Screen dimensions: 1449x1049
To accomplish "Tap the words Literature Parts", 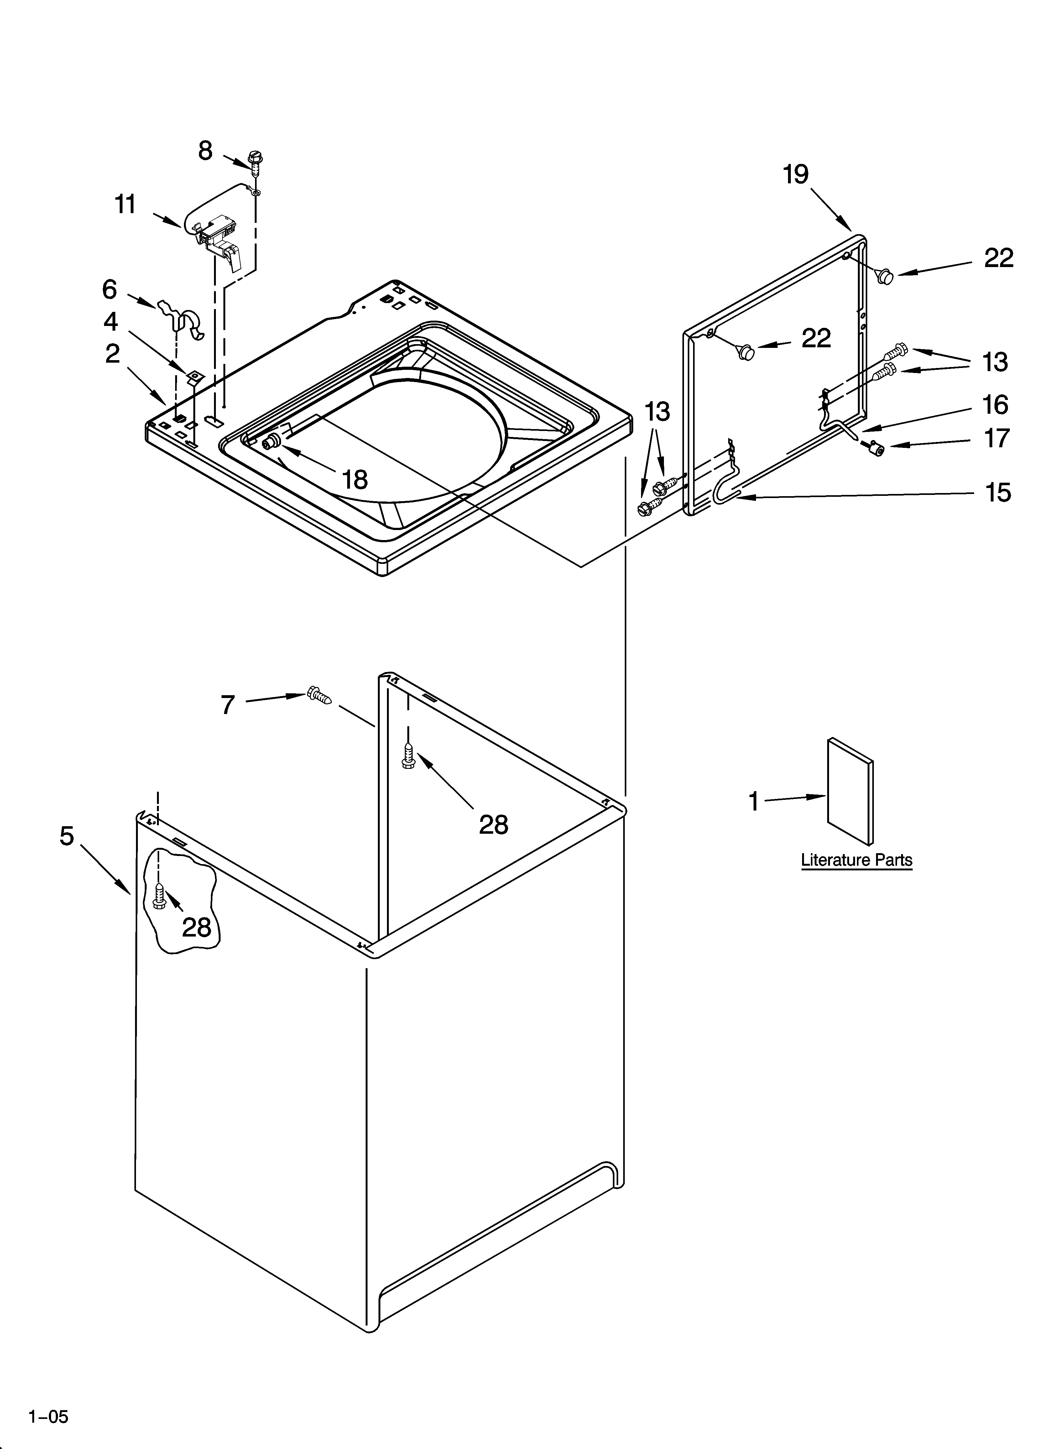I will coord(857,860).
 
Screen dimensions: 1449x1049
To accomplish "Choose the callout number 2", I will coord(112,353).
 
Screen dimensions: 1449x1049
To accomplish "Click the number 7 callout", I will coord(228,705).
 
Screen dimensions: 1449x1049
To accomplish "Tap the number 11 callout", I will coord(125,204).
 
